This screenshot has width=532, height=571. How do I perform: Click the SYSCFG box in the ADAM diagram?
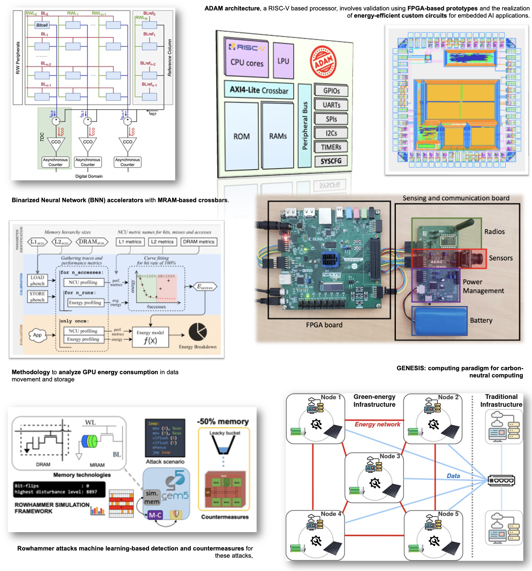coord(331,161)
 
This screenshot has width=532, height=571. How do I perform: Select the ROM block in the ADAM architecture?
coord(241,136)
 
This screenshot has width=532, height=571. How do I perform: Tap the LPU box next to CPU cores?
coord(283,61)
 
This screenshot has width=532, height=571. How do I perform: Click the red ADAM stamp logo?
coord(323,62)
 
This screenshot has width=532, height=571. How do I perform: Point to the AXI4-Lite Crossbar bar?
coord(259,90)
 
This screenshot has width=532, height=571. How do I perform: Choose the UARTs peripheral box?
coord(331,105)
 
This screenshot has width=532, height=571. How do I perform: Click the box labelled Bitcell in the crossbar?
coord(42,25)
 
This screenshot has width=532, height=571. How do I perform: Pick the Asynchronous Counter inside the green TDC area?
coord(55,162)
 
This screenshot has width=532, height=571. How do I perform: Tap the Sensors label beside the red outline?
coord(501,258)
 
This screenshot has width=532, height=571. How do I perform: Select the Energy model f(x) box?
coord(150,337)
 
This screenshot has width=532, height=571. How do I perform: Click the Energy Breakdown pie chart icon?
coord(198,332)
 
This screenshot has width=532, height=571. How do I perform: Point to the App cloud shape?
coord(37,335)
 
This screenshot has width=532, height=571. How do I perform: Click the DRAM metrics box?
coord(199,242)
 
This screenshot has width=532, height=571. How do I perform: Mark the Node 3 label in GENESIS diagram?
coord(390,456)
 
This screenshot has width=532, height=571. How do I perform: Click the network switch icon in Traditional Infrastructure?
coord(501,480)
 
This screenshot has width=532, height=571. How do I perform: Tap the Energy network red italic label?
coord(377,424)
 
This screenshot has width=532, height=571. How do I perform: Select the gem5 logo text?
coord(175,495)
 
